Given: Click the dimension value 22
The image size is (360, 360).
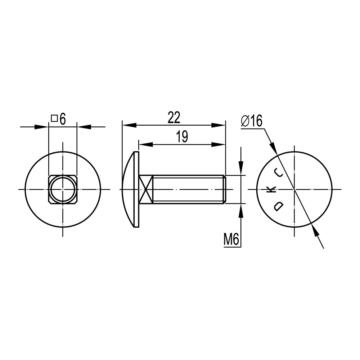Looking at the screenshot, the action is point(174,118).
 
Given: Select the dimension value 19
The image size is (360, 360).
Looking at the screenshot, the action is point(182,137).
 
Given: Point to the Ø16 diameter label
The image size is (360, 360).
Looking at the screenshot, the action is point(252,121).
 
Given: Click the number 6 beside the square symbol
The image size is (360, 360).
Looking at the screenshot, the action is point(62,119).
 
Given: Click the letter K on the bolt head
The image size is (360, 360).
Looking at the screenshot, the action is point(271,190).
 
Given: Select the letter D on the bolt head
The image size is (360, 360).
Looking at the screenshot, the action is point(279,206).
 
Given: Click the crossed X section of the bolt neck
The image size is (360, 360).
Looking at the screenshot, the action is point(146,189).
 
